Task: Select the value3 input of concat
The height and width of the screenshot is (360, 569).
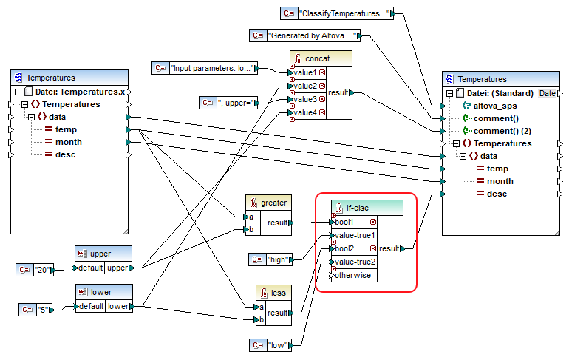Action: pos(305,99)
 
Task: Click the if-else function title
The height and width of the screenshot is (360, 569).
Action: pos(358,208)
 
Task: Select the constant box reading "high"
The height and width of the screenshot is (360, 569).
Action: pos(273,259)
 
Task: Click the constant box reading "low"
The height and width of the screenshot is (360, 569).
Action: pos(273,344)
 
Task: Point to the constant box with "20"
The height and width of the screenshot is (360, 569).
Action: pos(35,269)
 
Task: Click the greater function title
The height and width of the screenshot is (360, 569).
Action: pos(273,202)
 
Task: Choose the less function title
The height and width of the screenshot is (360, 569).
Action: pos(279,293)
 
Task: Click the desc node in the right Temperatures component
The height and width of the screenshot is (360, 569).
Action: pos(496,194)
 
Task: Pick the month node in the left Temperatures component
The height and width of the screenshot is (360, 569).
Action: pos(68,142)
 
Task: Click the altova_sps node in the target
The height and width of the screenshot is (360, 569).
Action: pos(493,106)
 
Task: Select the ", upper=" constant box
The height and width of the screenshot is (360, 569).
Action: pos(236,101)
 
